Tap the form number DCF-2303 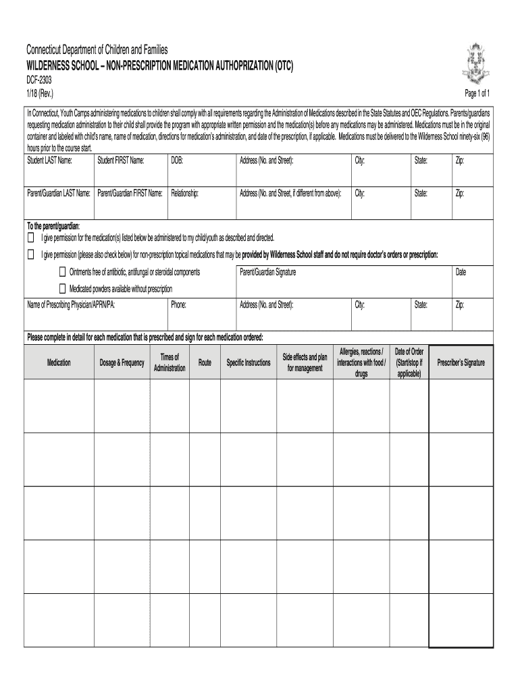(40, 80)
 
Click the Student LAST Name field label (49, 161)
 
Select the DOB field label (177, 161)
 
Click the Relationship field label (185, 193)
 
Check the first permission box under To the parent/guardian (30, 238)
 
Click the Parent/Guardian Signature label (267, 272)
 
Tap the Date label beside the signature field (461, 272)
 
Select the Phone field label (178, 305)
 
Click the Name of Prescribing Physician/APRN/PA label (71, 305)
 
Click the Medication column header (59, 363)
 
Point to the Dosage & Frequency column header (122, 363)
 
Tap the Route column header (205, 363)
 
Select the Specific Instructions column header (249, 363)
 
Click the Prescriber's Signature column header (461, 363)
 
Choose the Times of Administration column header (170, 362)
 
